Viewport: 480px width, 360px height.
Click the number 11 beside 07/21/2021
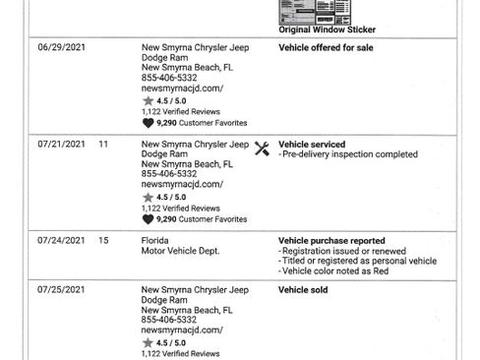(x=103, y=145)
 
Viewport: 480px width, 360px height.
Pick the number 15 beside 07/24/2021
(x=103, y=241)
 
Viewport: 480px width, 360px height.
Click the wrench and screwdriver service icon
(x=262, y=149)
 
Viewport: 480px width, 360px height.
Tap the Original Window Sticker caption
(x=321, y=30)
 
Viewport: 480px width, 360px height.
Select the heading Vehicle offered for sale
(x=327, y=47)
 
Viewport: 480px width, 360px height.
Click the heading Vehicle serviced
(x=312, y=145)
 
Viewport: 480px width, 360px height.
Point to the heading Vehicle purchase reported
(x=331, y=241)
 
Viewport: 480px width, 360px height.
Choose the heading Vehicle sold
(x=303, y=291)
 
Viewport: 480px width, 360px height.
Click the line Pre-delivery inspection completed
(x=349, y=155)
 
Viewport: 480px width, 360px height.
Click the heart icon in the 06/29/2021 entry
(x=149, y=124)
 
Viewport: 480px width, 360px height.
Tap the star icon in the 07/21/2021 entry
(x=149, y=197)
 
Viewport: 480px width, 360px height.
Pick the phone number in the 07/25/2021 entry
(x=170, y=322)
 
